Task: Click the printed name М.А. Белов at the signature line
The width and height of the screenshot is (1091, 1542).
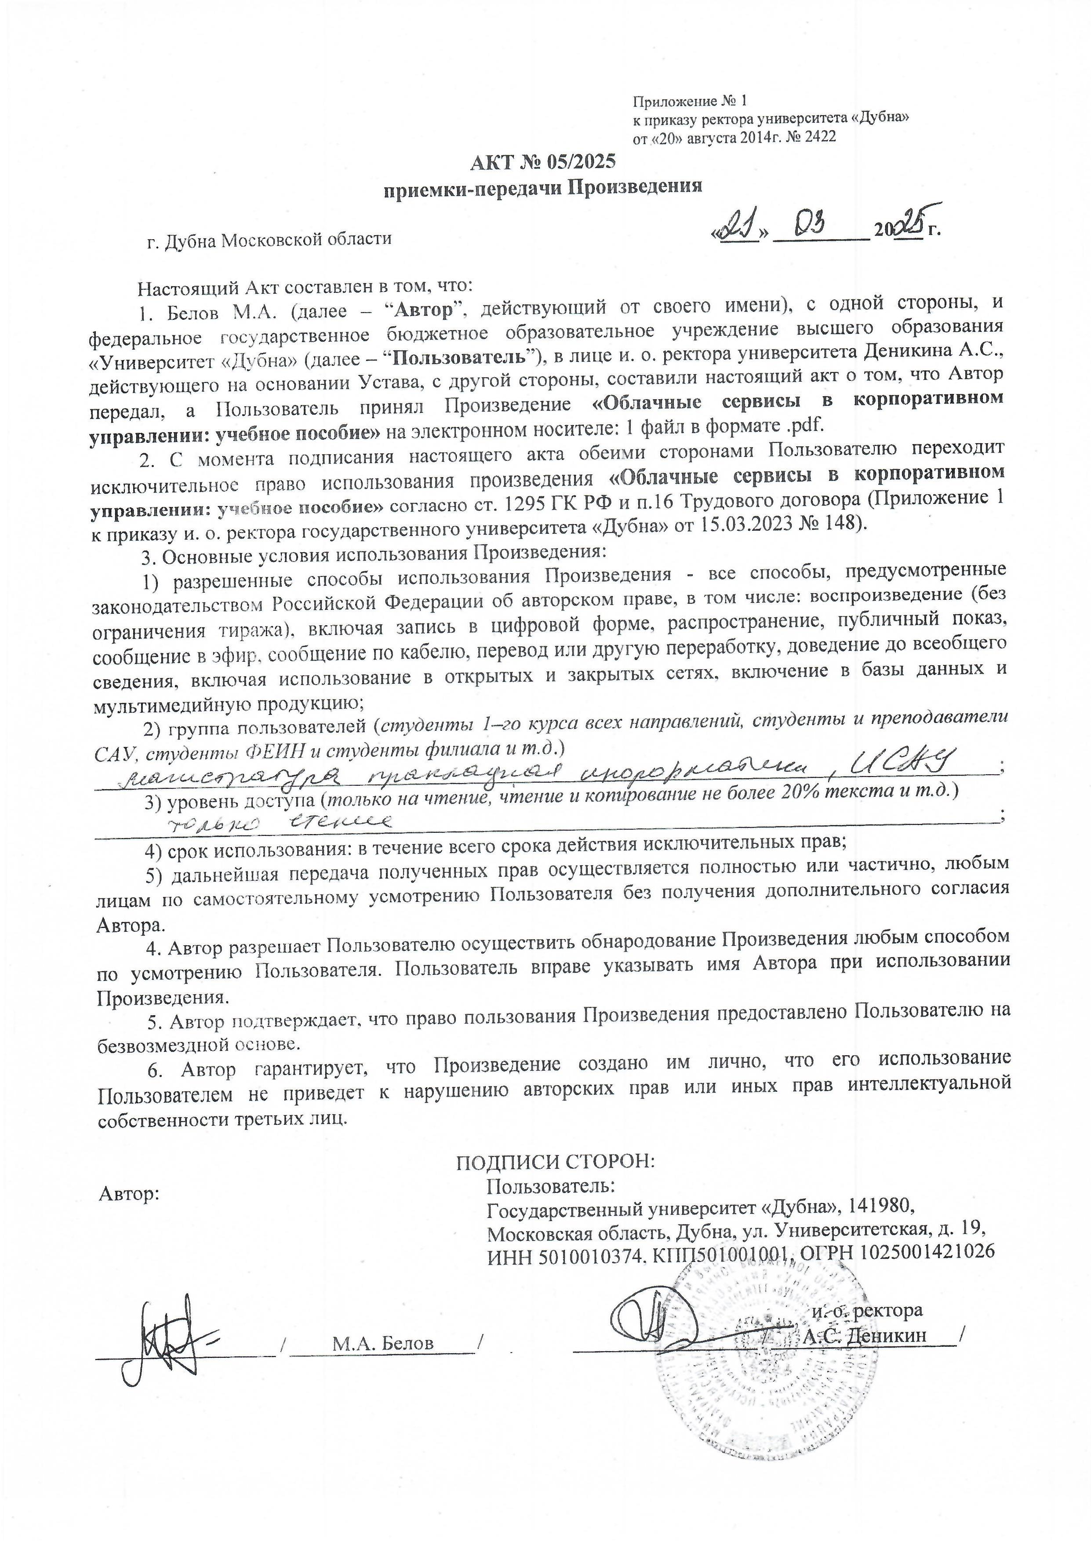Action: (x=383, y=1343)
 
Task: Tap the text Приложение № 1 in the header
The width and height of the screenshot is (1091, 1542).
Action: (x=689, y=102)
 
